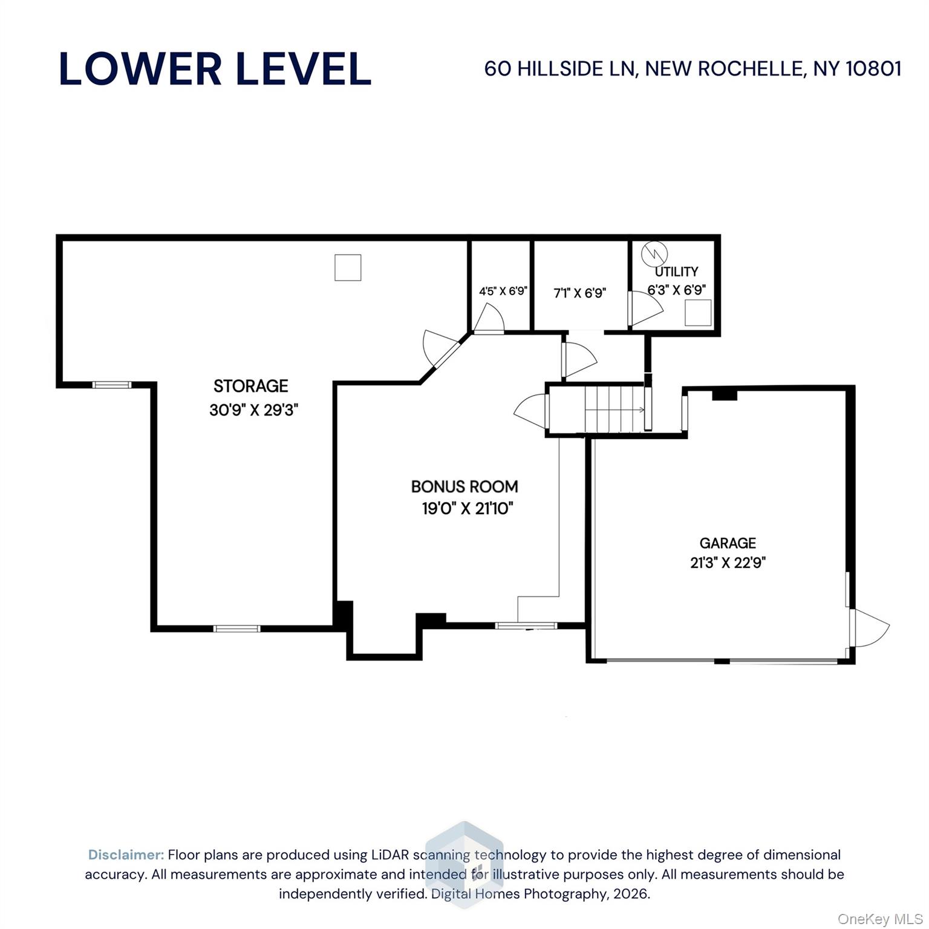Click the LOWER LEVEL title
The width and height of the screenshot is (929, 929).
(215, 68)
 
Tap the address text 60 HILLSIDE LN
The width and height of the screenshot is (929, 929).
(560, 68)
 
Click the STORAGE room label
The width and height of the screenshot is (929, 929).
(250, 386)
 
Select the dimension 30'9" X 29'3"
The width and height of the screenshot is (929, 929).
(253, 410)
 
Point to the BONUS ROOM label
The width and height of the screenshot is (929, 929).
(464, 486)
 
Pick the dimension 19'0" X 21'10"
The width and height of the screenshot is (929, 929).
(467, 509)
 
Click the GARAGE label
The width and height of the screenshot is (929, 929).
(728, 543)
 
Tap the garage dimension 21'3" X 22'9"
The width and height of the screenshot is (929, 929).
(728, 563)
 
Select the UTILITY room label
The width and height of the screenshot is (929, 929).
(676, 272)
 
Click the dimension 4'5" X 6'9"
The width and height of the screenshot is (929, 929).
(503, 291)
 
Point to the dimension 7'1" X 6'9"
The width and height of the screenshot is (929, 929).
(579, 293)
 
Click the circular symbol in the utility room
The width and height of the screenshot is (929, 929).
(654, 253)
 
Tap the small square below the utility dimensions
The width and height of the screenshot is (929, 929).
(697, 313)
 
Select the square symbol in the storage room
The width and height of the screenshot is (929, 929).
(348, 267)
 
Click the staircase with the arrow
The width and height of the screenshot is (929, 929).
(614, 409)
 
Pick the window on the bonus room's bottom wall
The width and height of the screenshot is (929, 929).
(526, 625)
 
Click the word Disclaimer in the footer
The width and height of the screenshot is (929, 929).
(126, 855)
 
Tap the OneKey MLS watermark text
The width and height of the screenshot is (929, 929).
(880, 919)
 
